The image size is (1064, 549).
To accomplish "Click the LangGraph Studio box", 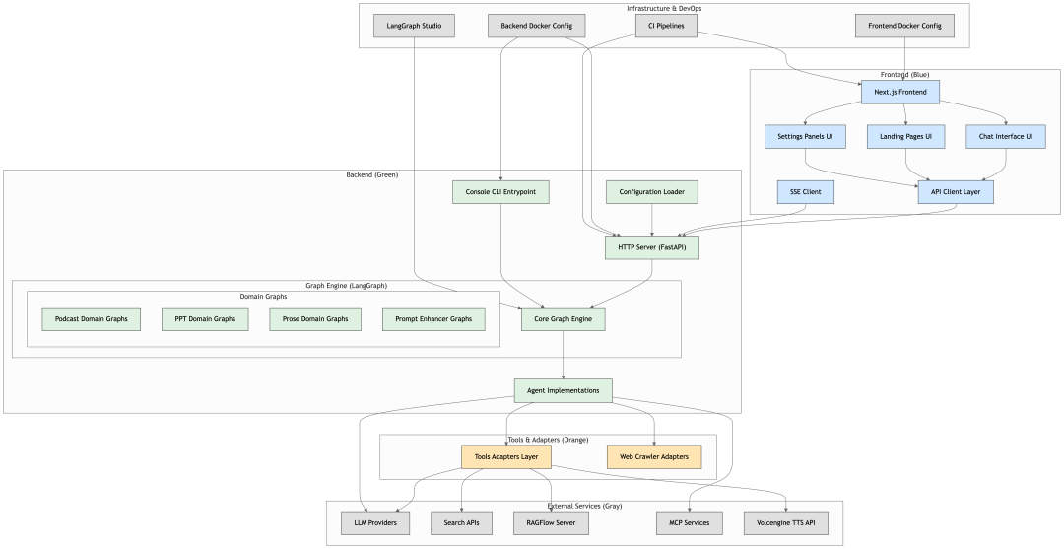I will tap(414, 26).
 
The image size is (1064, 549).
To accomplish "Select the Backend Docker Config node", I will tap(537, 26).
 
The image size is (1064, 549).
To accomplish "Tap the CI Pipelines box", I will tap(666, 26).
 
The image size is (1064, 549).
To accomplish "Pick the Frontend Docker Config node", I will tap(904, 26).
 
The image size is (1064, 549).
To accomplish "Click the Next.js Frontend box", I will tap(899, 92).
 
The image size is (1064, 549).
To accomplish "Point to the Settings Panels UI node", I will tap(806, 136).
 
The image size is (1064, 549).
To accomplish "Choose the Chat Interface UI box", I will tap(1005, 136).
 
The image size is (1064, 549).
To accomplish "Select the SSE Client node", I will tap(805, 191).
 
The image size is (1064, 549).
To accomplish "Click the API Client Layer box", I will tap(955, 191).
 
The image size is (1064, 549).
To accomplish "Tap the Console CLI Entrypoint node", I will tap(500, 191).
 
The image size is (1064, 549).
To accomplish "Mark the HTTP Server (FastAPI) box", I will tap(651, 246).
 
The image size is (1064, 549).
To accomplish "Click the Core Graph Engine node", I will tap(563, 318).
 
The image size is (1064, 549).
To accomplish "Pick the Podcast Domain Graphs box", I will tap(92, 318).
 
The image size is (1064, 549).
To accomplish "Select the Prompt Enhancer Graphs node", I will tap(433, 318).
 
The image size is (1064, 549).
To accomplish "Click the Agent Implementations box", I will tap(563, 390).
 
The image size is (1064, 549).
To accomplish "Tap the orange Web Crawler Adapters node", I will tap(654, 456).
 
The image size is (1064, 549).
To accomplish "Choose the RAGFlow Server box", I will tap(551, 522).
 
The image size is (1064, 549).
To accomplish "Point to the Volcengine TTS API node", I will tap(786, 522).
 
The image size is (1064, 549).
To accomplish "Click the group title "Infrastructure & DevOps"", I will tap(664, 8).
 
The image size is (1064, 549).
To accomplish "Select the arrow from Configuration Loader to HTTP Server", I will tap(652, 220).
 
